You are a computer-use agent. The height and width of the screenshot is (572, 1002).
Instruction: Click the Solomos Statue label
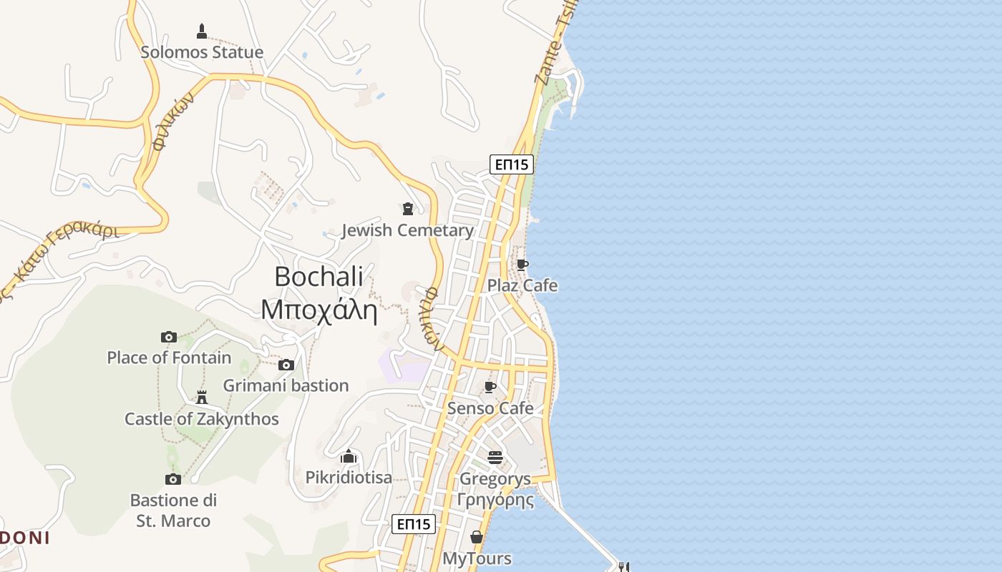pos(202,52)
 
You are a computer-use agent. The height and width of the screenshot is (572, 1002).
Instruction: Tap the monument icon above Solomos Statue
pos(202,31)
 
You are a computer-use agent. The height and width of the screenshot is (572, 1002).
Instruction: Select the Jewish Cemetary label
pos(407,230)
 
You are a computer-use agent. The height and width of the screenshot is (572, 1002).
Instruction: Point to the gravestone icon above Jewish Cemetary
pos(408,209)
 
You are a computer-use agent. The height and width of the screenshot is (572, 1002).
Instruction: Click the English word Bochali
pos(318,277)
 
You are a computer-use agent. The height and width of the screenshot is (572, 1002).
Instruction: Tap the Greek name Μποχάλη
pos(318,310)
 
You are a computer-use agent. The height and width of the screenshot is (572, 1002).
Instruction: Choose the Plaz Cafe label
pos(522,285)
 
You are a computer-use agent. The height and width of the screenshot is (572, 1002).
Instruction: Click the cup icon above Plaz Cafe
pos(522,265)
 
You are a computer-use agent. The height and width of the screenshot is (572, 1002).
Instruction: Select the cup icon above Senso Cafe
pos(490,387)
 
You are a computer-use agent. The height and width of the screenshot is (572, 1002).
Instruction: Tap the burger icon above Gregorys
pos(495,458)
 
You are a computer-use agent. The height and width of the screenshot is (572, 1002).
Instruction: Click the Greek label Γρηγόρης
pos(495,499)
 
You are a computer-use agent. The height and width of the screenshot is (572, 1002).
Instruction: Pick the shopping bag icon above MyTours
pos(477,537)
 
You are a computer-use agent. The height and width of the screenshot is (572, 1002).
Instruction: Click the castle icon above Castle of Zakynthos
pos(202,398)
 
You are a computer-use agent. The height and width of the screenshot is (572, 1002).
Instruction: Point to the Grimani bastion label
pos(286,385)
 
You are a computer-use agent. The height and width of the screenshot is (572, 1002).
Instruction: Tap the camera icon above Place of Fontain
pos(169,337)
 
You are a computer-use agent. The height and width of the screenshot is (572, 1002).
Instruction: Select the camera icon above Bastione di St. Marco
pos(172,479)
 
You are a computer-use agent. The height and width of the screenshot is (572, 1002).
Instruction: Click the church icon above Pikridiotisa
pos(349,456)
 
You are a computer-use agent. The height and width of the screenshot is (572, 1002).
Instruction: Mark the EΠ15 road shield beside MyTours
pos(414,524)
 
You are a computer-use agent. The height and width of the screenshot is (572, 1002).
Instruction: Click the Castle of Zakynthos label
pos(202,419)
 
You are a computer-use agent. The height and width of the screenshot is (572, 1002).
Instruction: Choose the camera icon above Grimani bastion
pos(286,365)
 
